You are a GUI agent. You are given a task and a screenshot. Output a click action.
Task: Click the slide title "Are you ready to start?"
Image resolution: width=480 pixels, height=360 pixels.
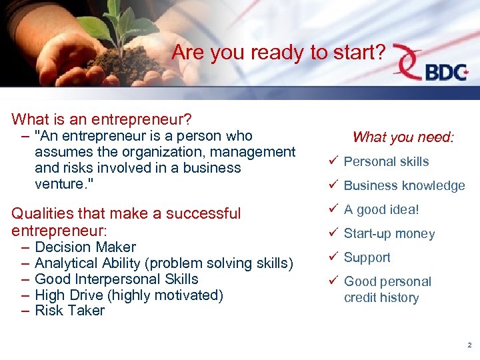[278, 53]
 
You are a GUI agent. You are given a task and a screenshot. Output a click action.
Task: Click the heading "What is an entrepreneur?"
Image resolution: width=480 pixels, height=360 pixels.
[102, 120]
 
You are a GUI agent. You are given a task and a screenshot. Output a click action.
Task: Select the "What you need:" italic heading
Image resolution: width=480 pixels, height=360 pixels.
[403, 137]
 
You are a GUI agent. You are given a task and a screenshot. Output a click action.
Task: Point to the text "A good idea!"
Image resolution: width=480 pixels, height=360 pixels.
[381, 210]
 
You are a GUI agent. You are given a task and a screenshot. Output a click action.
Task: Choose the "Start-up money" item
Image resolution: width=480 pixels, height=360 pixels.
[389, 234]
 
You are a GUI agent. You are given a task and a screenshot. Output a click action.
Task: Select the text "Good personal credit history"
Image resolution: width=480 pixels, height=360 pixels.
[387, 289]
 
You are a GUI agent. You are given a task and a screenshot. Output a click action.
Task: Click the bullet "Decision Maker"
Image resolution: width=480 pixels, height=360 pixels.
[85, 247]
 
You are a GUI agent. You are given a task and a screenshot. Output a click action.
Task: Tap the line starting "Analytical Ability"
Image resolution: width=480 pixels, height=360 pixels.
[163, 263]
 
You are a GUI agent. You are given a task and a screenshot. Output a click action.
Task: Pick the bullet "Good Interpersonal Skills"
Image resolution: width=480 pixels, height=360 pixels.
[116, 279]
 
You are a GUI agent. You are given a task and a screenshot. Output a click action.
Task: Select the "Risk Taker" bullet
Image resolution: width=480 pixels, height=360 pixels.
[69, 311]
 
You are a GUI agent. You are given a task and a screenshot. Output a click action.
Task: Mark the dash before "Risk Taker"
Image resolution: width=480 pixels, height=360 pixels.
[25, 311]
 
